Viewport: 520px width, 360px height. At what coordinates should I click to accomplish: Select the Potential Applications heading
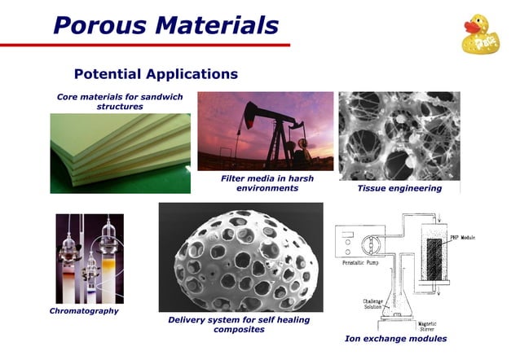[156, 74]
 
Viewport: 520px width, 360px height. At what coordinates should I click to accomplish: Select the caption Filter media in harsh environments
[267, 183]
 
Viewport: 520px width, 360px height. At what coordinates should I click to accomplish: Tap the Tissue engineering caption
[399, 188]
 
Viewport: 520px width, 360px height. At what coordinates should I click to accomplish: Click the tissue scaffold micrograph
[399, 135]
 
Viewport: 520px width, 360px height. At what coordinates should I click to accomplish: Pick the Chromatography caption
[84, 310]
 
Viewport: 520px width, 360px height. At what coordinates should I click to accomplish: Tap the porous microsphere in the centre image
[240, 261]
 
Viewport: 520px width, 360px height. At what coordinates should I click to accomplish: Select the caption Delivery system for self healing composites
[239, 324]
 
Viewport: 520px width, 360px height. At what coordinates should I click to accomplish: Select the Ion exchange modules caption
[396, 338]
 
